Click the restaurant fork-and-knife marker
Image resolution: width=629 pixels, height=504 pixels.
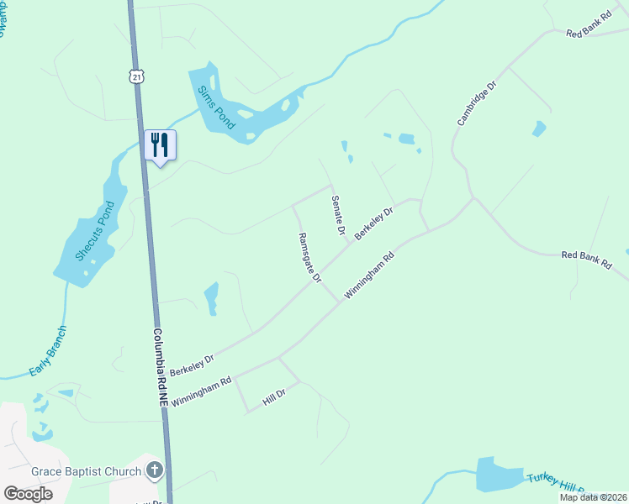pos(160,145)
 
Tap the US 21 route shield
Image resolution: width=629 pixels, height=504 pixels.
pos(137,76)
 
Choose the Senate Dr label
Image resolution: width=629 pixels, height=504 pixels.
pos(337,214)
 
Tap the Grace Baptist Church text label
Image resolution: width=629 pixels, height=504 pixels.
pos(87,471)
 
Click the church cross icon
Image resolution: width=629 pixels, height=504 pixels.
pos(154,470)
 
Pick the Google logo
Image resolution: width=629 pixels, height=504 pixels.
pos(28,494)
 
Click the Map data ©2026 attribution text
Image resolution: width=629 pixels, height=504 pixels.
pos(593,497)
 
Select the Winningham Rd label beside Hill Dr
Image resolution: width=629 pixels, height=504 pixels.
pos(201,392)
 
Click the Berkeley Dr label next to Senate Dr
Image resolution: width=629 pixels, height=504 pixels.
pos(374,224)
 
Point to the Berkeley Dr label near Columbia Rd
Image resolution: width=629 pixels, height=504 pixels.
pos(193,364)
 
